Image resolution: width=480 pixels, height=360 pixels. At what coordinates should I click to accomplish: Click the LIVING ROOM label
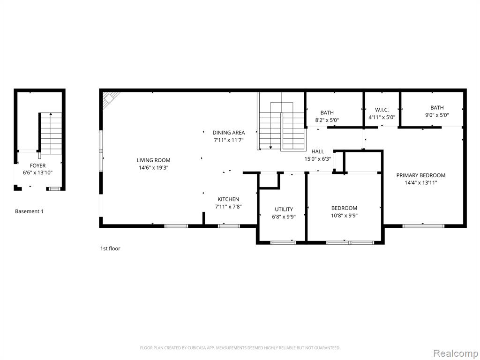[153, 160]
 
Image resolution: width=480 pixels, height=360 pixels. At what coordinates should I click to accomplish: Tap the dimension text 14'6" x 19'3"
[153, 168]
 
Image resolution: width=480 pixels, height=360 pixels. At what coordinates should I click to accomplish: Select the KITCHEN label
[228, 199]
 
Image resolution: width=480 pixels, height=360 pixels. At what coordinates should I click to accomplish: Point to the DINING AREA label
[229, 133]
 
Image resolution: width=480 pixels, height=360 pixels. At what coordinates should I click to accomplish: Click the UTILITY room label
[284, 210]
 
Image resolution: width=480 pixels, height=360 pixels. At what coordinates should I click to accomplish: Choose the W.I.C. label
[382, 110]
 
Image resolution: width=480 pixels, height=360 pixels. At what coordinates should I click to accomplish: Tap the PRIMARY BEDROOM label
[421, 175]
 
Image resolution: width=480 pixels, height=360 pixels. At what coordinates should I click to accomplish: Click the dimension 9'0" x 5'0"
[437, 115]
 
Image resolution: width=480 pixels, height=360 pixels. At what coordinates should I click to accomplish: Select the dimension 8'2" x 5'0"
[327, 120]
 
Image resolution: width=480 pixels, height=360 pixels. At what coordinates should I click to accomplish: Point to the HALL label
[318, 151]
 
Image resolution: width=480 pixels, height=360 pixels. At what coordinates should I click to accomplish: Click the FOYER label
[37, 165]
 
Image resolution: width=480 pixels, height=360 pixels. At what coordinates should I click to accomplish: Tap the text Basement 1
[30, 211]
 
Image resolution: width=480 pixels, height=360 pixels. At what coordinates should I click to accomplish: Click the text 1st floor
[110, 248]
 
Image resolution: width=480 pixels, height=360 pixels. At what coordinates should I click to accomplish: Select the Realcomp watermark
[456, 353]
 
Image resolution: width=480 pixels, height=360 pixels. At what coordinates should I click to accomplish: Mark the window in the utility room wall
[283, 243]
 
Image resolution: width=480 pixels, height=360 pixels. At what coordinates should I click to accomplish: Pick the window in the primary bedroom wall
[423, 226]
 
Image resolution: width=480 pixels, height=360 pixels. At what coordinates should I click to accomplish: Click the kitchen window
[229, 226]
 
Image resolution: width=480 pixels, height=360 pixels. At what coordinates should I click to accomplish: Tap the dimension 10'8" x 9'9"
[345, 216]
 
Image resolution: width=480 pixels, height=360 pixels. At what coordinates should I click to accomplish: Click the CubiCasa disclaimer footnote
[240, 348]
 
